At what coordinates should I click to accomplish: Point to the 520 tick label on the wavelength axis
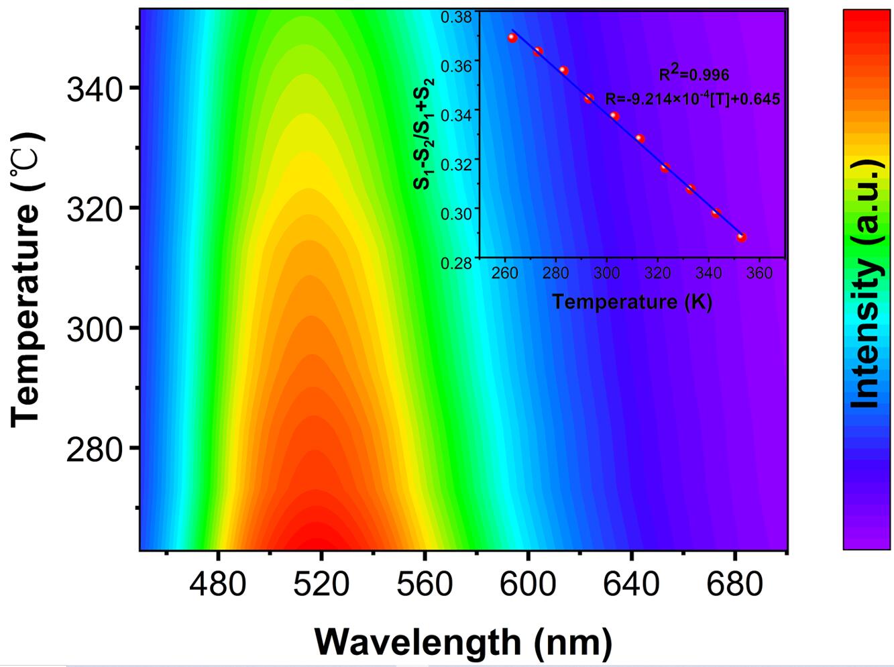coord(321,584)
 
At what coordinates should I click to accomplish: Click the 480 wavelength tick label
coord(217,584)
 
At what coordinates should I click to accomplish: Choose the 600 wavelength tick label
coord(528,584)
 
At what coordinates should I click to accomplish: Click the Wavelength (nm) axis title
coord(463,642)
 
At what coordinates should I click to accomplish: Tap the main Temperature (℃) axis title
coord(27,278)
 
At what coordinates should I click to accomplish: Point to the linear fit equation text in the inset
coord(693,99)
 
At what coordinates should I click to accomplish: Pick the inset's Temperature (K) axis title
coord(632,302)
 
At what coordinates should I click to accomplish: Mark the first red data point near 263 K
coord(512,38)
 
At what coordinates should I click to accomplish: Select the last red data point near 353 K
coord(742,238)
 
